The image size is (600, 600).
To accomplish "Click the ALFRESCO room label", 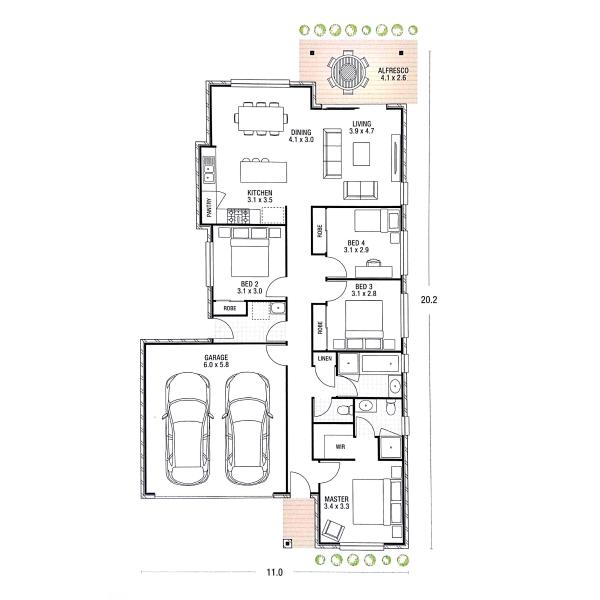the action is [x=393, y=70].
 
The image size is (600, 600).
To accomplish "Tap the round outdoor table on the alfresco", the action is [x=348, y=72].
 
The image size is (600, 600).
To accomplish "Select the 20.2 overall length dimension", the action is [x=429, y=300].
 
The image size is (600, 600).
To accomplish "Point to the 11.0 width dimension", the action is [x=274, y=572].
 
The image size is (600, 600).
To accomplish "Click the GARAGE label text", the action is [x=216, y=358].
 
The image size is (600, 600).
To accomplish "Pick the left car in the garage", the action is [x=188, y=429].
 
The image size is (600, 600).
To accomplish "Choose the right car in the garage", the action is [x=248, y=429].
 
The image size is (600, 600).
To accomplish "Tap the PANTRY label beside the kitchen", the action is [x=209, y=207].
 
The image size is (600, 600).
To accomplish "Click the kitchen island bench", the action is [x=263, y=172].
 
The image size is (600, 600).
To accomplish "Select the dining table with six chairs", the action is [x=261, y=119].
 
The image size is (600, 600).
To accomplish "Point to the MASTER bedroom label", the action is [x=336, y=499].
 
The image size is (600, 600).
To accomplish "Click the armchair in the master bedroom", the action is [x=333, y=531].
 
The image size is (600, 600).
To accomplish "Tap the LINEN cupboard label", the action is [x=324, y=359].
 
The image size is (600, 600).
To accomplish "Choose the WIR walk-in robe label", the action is [x=340, y=447].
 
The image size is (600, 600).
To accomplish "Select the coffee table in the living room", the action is [x=361, y=153].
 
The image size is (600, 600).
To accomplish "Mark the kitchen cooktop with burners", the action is [x=238, y=216].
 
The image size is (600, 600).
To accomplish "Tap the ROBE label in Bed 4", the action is [x=320, y=231].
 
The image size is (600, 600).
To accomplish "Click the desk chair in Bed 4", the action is [x=373, y=263].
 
